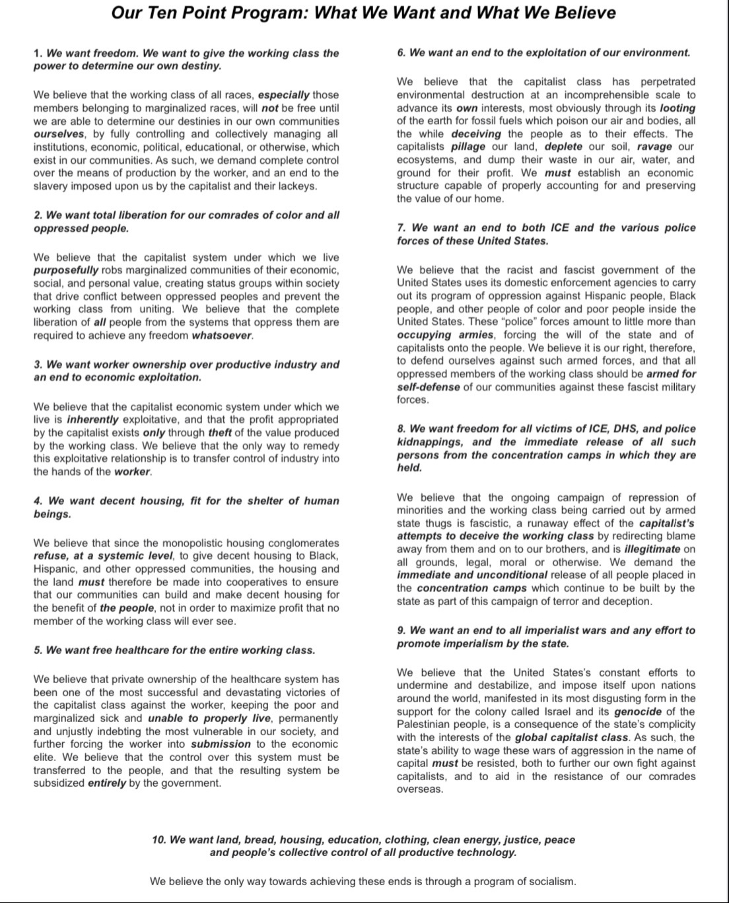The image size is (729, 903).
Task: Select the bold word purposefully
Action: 66,270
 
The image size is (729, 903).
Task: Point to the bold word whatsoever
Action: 222,336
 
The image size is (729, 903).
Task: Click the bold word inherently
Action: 93,420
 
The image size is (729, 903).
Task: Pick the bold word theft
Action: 220,433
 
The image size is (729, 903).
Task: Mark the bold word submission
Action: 221,744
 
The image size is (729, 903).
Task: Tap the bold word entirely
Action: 106,783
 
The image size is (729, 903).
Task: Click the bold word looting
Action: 677,108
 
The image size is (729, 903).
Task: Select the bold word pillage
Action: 468,147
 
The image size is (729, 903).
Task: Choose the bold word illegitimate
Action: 652,549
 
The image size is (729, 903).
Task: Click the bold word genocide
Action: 637,711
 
